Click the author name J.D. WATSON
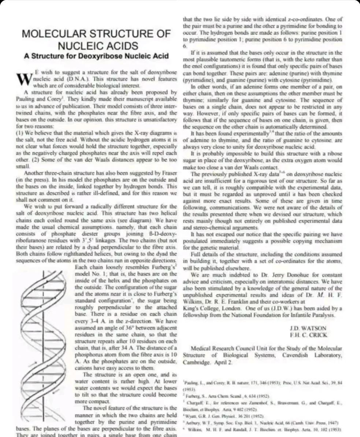pos(308,329)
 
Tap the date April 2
pos(223,362)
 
